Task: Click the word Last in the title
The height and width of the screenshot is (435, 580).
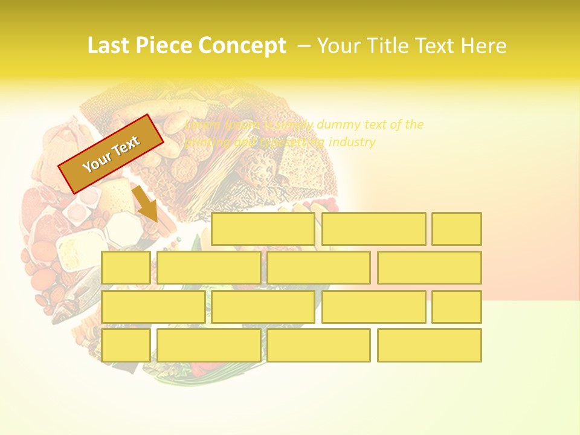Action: [110, 46]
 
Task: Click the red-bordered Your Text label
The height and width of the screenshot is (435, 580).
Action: [111, 154]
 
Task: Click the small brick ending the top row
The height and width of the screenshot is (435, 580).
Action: [457, 228]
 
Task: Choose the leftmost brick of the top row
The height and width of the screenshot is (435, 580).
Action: [263, 228]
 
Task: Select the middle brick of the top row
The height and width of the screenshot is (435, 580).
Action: [373, 228]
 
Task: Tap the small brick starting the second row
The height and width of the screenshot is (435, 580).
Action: [126, 268]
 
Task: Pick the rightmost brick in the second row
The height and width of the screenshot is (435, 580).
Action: [430, 268]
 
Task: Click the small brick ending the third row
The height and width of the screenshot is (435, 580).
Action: [457, 307]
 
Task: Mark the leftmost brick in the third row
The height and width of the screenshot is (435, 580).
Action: [153, 307]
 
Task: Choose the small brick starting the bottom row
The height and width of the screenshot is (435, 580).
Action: [126, 345]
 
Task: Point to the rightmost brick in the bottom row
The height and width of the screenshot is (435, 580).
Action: [430, 345]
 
